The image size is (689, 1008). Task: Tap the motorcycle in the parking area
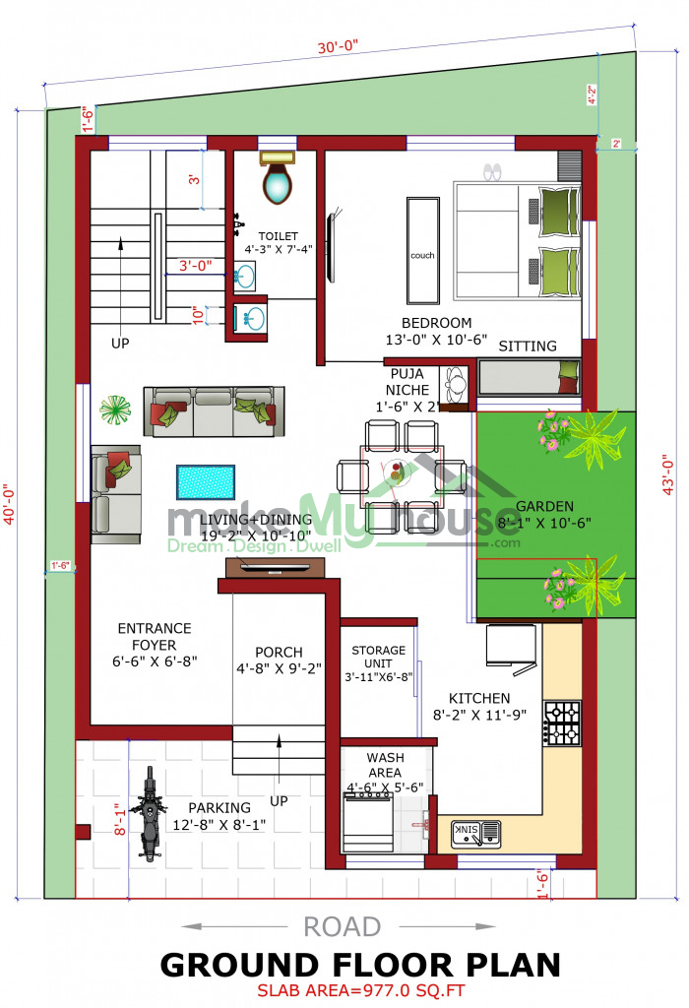(x=149, y=813)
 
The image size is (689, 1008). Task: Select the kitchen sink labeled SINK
(x=475, y=833)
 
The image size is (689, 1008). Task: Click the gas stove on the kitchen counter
(x=562, y=724)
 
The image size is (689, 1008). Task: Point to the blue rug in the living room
(x=206, y=482)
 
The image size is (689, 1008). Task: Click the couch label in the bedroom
(x=422, y=255)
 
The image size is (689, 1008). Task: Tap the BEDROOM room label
(x=436, y=323)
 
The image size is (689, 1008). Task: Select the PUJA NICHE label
(x=407, y=382)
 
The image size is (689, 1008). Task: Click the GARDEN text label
(x=544, y=506)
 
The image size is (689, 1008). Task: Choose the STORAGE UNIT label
(x=378, y=657)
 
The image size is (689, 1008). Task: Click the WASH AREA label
(x=385, y=765)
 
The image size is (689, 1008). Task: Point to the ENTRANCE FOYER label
(x=155, y=637)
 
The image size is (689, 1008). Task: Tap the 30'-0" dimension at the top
(x=338, y=47)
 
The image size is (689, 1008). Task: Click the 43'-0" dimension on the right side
(x=667, y=474)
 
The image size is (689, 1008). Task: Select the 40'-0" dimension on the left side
(x=9, y=505)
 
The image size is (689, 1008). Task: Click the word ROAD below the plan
(x=342, y=927)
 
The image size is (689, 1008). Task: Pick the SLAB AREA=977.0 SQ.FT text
(x=360, y=990)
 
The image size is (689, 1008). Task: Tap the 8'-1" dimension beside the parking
(x=120, y=820)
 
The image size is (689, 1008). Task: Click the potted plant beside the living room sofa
(x=115, y=409)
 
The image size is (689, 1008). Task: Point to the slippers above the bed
(x=492, y=171)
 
